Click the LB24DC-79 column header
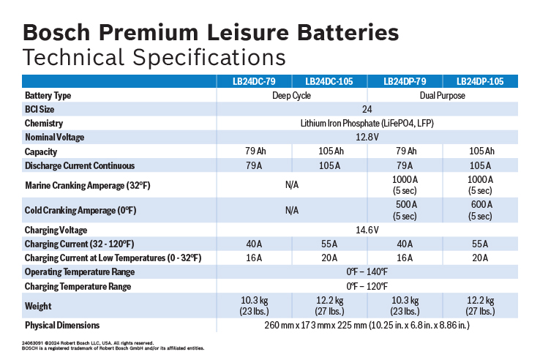(255, 81)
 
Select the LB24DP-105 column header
(480, 81)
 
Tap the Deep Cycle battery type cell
(292, 95)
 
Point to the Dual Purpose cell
(442, 95)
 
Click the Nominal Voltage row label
(55, 137)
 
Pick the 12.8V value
(367, 137)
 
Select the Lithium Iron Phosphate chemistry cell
(367, 123)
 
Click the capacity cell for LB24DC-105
(329, 151)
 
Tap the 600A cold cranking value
(480, 210)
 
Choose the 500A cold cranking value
(405, 210)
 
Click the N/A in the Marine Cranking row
(292, 184)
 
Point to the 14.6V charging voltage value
(367, 230)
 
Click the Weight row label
(38, 306)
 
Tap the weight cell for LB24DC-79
(255, 306)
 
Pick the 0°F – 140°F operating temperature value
(367, 271)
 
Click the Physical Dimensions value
(367, 324)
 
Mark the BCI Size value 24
(367, 109)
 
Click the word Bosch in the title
(62, 33)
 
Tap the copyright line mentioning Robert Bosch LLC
(88, 342)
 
